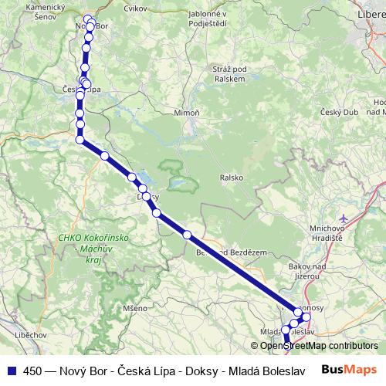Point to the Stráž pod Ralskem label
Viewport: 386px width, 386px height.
pyautogui.click(x=229, y=73)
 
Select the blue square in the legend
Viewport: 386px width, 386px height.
pyautogui.click(x=11, y=369)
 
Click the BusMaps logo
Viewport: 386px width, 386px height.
pyautogui.click(x=349, y=369)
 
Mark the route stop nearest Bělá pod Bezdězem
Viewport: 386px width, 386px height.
pyautogui.click(x=187, y=235)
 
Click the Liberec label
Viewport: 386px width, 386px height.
pyautogui.click(x=371, y=14)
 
